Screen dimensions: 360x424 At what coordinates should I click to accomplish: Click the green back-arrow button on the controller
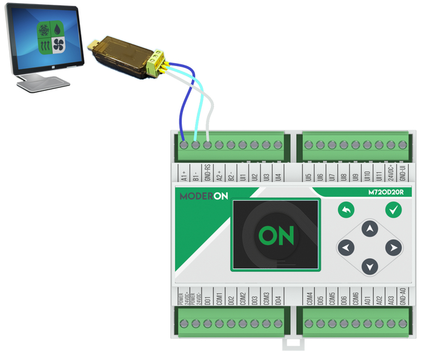pyautogui.click(x=346, y=210)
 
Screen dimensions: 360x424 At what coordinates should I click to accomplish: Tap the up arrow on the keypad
pyautogui.click(x=369, y=229)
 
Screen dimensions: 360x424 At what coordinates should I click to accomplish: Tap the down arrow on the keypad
pyautogui.click(x=369, y=266)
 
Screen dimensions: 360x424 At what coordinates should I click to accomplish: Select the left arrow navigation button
pyautogui.click(x=346, y=247)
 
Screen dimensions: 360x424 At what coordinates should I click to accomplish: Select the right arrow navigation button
pyautogui.click(x=394, y=247)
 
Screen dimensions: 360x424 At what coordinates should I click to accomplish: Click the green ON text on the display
pyautogui.click(x=276, y=235)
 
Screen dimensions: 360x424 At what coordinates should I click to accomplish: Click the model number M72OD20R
pyautogui.click(x=385, y=193)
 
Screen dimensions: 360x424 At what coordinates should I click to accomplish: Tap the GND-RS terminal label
pyautogui.click(x=208, y=173)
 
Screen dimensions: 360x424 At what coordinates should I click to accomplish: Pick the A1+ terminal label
pyautogui.click(x=184, y=175)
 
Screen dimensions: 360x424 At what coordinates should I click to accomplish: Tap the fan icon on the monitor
pyautogui.click(x=59, y=45)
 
